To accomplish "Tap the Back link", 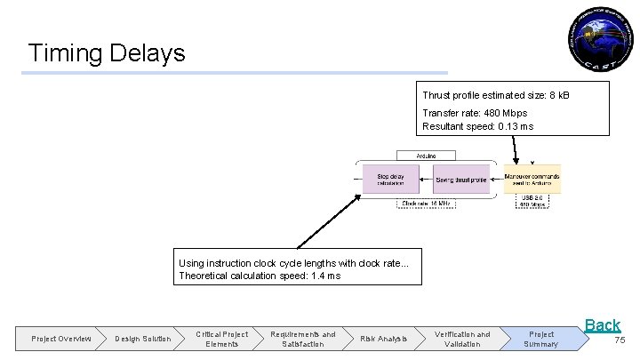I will click(x=602, y=325).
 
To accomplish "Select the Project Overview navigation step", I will click(x=60, y=339).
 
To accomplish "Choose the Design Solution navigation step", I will click(x=142, y=339).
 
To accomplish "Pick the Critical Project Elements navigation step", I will click(x=221, y=339).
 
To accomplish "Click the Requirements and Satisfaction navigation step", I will click(x=303, y=339).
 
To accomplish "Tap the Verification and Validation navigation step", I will click(x=462, y=339).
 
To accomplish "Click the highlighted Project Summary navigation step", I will click(x=540, y=339).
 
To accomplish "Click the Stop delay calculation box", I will click(x=390, y=180).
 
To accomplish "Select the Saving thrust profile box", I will click(x=461, y=180).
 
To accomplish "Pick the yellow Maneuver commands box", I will click(x=532, y=180).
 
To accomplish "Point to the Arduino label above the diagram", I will click(x=426, y=156).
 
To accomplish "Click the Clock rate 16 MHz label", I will click(x=427, y=204).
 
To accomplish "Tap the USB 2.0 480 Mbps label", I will click(x=532, y=201).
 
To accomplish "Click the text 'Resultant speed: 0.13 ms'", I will click(x=477, y=126).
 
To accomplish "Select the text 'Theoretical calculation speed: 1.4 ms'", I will click(x=259, y=276).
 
